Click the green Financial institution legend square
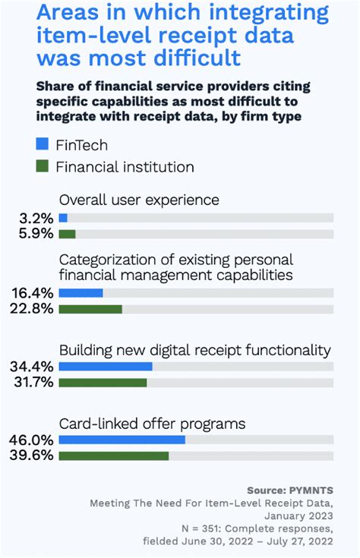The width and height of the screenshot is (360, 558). [42, 166]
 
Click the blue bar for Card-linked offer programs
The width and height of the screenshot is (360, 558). [122, 440]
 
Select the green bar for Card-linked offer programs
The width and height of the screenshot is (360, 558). [113, 456]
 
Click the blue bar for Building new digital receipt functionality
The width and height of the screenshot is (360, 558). [106, 367]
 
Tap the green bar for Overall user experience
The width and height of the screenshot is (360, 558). [67, 234]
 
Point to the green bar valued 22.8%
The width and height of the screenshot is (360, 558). [90, 309]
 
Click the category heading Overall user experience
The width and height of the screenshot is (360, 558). [139, 200]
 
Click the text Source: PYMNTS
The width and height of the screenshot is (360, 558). [290, 490]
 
